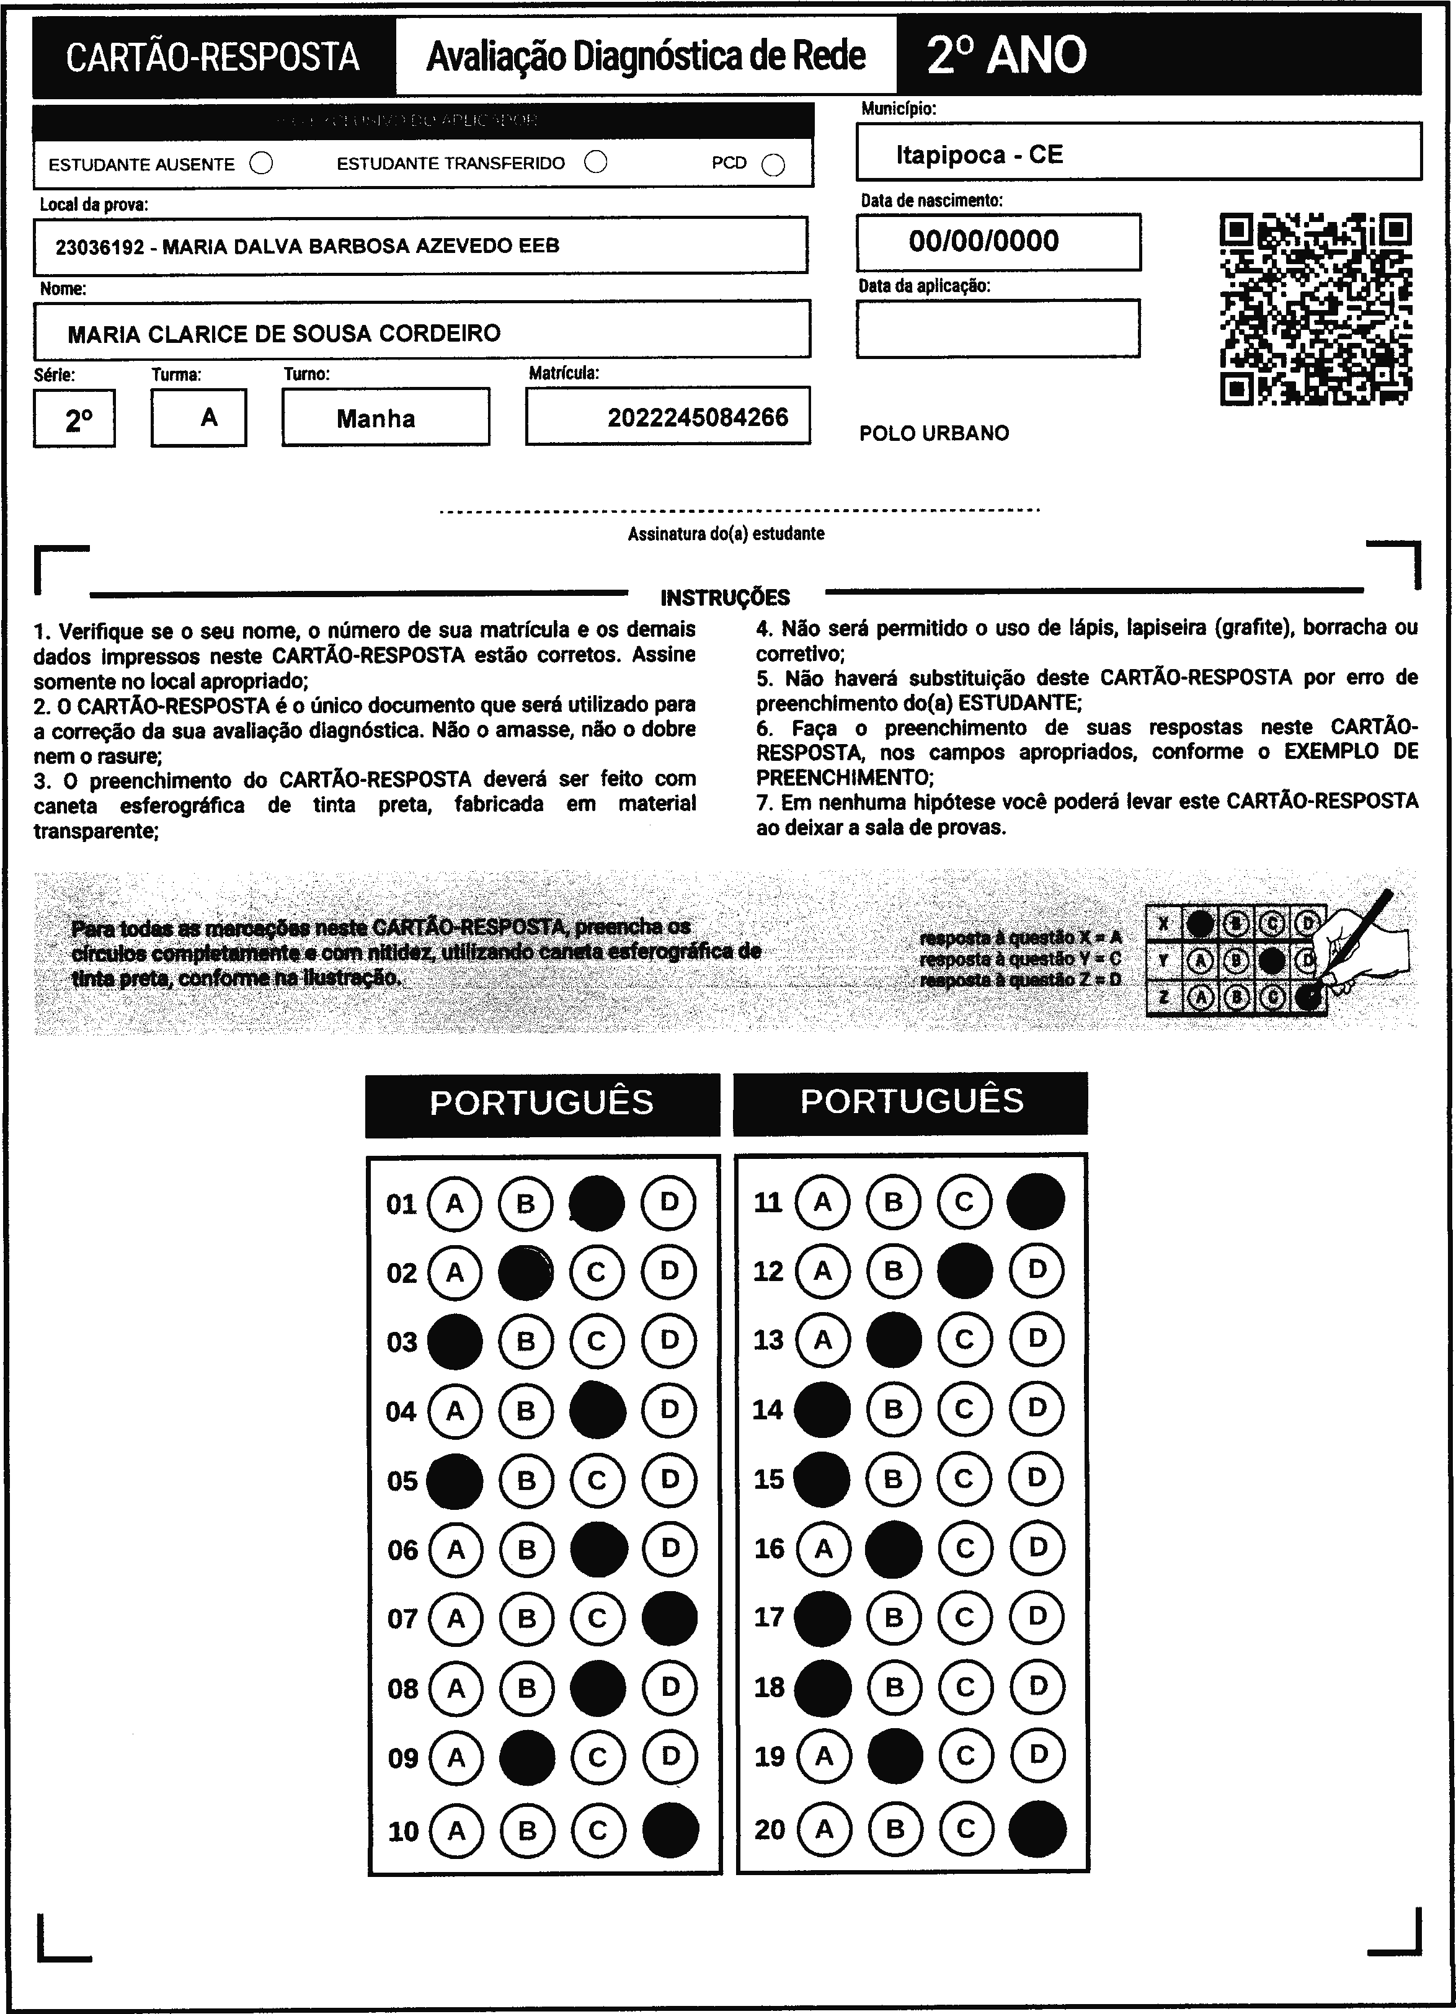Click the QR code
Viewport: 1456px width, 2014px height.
click(x=1316, y=308)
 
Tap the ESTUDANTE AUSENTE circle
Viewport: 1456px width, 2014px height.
click(x=261, y=164)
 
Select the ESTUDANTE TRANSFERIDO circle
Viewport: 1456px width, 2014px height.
click(x=597, y=162)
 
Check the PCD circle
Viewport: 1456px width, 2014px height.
click(x=773, y=165)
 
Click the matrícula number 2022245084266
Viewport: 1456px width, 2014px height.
click(x=698, y=417)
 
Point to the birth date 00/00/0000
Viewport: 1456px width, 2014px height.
click(x=983, y=241)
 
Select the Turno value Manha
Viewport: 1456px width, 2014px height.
click(x=376, y=419)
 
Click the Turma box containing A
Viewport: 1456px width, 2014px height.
click(x=199, y=417)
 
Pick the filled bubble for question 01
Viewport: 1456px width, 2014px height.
click(x=597, y=1203)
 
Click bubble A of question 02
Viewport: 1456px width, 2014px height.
click(x=455, y=1272)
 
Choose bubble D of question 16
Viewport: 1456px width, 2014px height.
click(x=1037, y=1548)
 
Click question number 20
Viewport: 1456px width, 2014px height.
click(x=769, y=1829)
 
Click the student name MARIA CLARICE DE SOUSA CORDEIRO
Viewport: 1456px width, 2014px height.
click(x=284, y=333)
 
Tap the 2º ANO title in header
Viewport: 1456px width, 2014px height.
click(x=1006, y=55)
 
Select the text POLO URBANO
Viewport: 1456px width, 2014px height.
click(x=934, y=433)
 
